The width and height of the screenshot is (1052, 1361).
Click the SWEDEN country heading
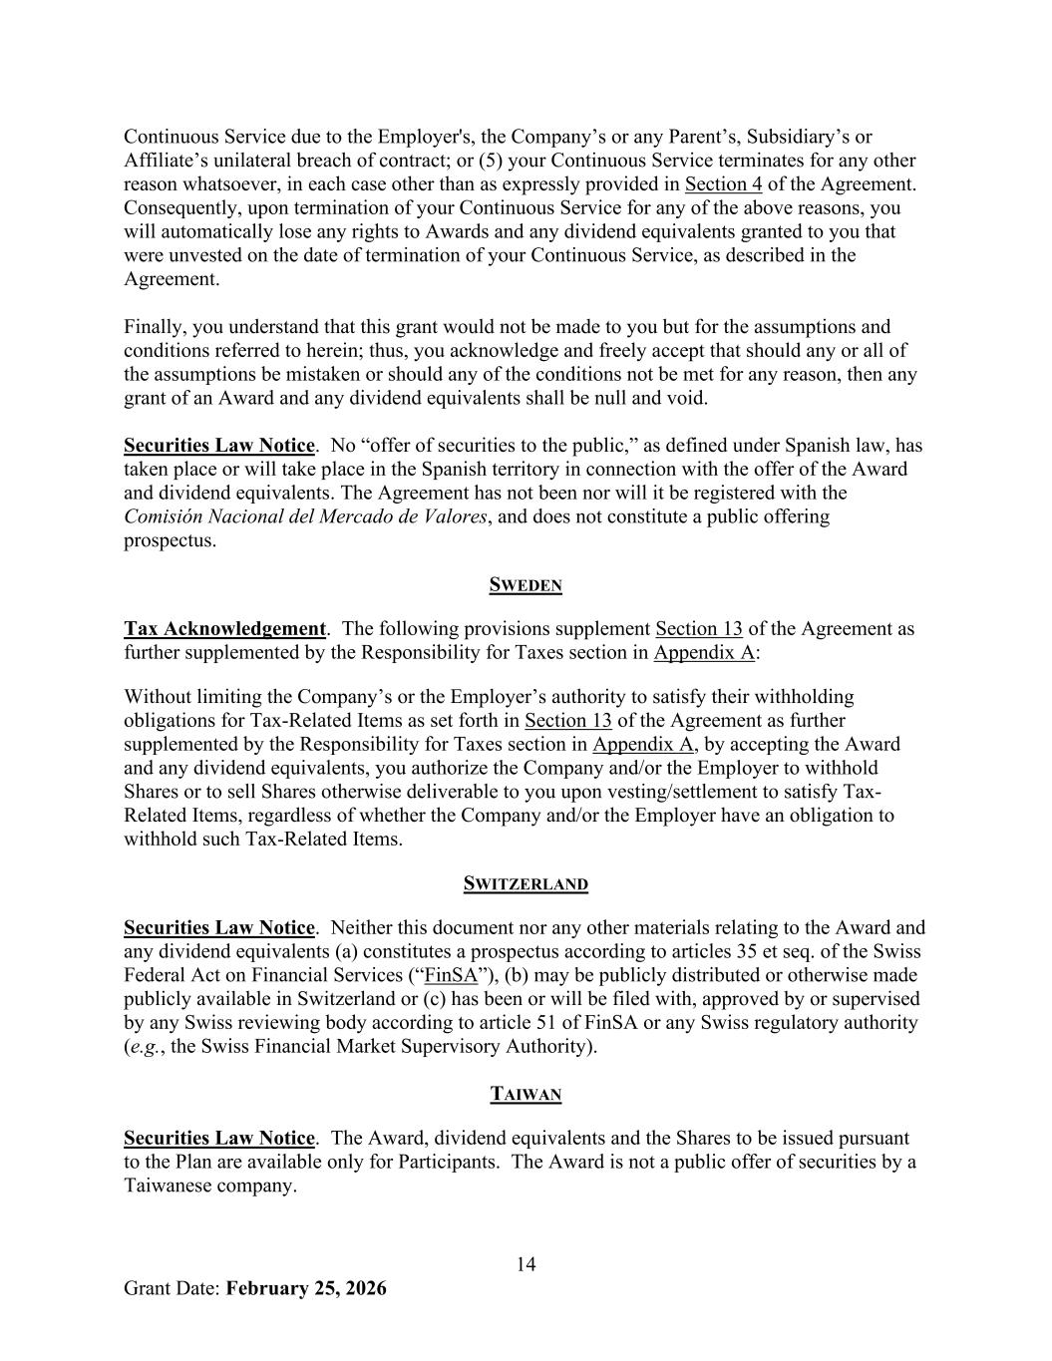click(x=526, y=585)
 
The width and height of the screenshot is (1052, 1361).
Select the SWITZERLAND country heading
click(x=526, y=884)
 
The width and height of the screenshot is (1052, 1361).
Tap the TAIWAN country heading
click(x=526, y=1095)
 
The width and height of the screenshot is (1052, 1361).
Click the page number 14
click(x=526, y=1264)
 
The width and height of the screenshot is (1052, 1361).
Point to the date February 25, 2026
click(x=306, y=1288)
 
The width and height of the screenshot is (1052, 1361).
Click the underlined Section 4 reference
click(x=723, y=184)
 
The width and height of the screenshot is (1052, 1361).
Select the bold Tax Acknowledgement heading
click(x=224, y=629)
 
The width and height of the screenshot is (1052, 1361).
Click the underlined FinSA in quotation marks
click(x=451, y=975)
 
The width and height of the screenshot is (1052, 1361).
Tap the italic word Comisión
click(x=166, y=516)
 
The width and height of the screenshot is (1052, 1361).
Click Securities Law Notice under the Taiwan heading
click(x=218, y=1139)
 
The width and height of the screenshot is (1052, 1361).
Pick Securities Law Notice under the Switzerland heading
click(x=218, y=928)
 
